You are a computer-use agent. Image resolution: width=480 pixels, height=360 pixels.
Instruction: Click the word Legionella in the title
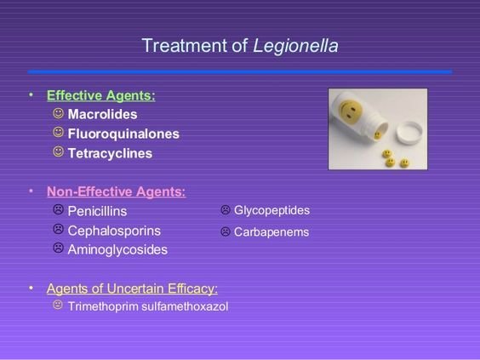tap(295, 47)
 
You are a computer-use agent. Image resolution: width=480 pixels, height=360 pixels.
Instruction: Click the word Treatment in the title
tap(185, 46)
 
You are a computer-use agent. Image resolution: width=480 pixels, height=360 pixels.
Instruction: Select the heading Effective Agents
tap(101, 95)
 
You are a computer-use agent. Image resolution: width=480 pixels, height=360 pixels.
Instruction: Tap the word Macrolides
tap(102, 115)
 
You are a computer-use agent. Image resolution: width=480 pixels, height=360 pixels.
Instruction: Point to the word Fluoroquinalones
tap(123, 134)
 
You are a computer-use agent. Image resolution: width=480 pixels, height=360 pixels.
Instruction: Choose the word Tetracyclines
tap(110, 153)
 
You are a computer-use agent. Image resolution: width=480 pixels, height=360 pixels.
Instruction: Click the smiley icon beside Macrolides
tap(58, 113)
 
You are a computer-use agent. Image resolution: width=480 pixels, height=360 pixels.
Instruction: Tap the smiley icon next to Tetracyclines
tap(58, 151)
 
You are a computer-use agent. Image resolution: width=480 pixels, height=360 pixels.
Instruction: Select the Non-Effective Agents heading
tap(117, 192)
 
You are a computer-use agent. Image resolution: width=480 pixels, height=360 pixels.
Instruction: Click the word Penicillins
tap(97, 211)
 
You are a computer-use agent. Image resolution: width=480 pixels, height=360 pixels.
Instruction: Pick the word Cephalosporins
tap(114, 231)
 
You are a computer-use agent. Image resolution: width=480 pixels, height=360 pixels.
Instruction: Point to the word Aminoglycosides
tap(117, 250)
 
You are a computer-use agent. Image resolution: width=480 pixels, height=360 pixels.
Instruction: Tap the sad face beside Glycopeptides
tap(226, 209)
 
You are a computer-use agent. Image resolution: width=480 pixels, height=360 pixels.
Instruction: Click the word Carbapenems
tap(271, 232)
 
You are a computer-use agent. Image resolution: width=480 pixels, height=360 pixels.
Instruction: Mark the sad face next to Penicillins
tap(58, 209)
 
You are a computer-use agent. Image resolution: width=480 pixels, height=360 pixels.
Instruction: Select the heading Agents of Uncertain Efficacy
tap(132, 289)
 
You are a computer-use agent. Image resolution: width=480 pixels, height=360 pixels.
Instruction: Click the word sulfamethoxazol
tap(185, 306)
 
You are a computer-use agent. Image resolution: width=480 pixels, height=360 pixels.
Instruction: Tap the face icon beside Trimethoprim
tap(58, 305)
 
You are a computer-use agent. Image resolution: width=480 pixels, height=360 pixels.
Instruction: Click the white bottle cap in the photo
tap(409, 132)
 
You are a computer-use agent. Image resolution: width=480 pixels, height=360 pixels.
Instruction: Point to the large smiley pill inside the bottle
tap(350, 110)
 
